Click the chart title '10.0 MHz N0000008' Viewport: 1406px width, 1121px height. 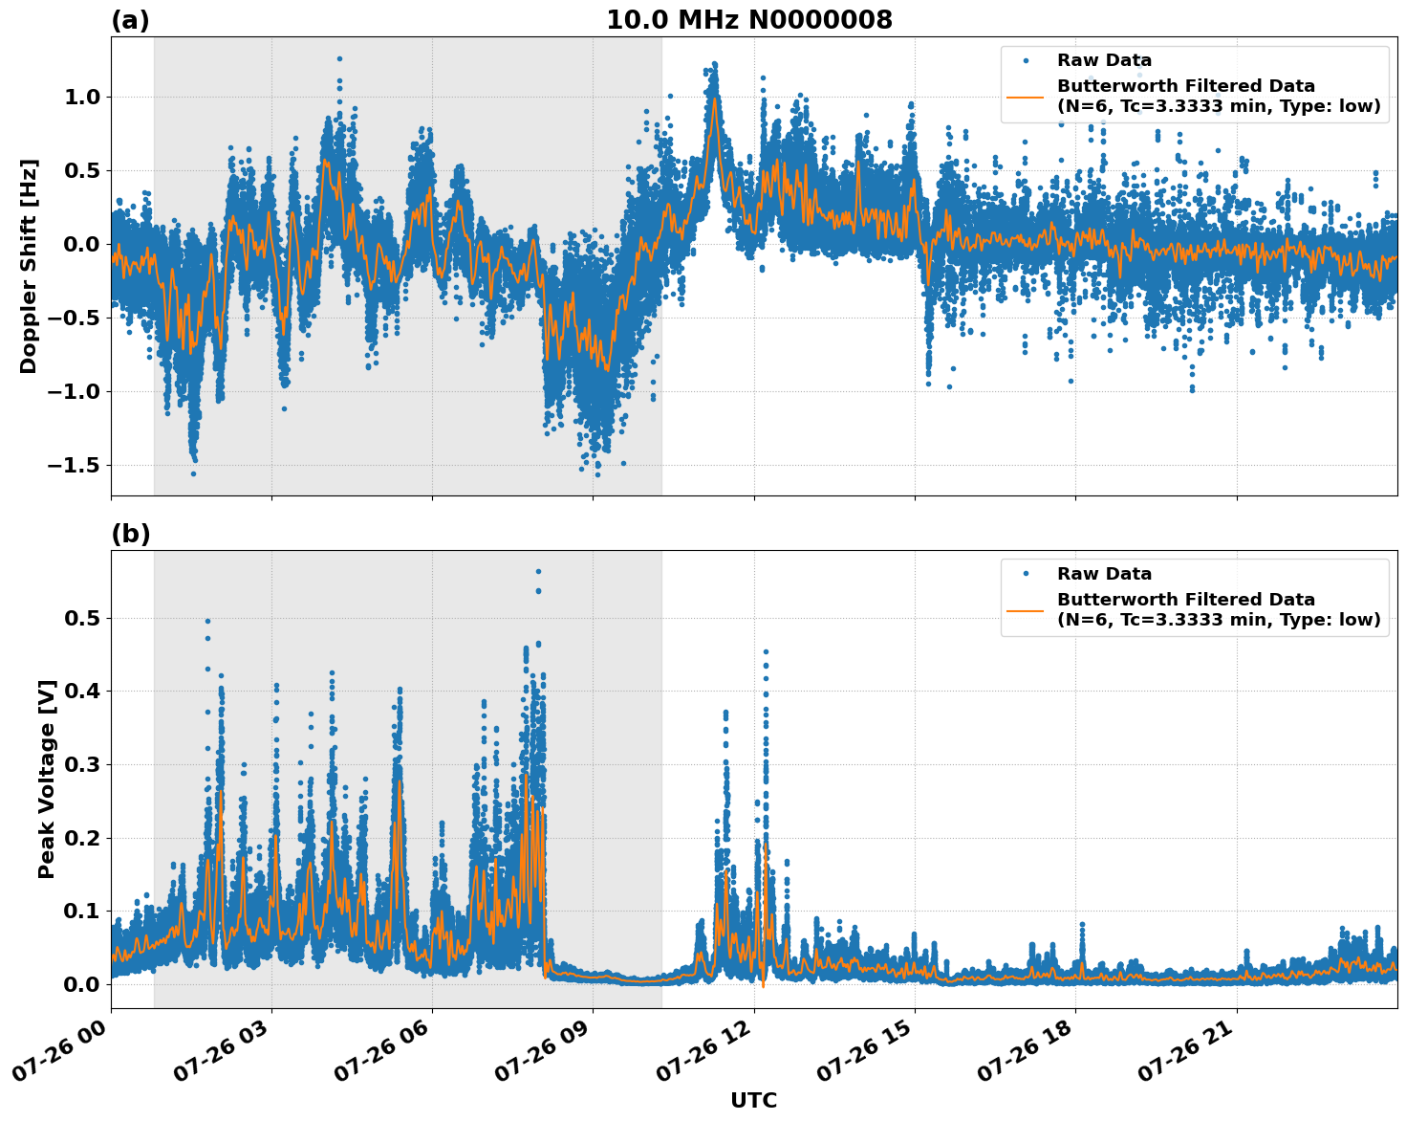748,20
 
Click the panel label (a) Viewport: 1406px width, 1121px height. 130,20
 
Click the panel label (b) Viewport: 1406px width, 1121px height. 130,534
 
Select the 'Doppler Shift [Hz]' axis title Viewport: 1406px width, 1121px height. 29,266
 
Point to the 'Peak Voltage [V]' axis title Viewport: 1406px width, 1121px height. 47,779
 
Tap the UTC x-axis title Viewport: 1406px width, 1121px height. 753,1100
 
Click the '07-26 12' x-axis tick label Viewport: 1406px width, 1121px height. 703,1057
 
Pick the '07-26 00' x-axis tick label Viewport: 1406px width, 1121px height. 60,1057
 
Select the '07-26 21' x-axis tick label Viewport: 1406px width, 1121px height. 1186,1057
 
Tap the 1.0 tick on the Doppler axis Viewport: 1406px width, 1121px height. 82,97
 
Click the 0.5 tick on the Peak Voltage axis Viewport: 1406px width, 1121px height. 82,618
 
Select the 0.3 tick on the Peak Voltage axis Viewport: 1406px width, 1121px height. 82,764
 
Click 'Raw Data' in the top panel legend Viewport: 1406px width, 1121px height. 1104,60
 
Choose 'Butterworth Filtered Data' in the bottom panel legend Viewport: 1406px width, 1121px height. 1185,600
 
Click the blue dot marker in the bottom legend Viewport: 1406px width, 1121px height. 1026,574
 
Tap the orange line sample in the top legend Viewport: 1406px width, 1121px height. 1026,96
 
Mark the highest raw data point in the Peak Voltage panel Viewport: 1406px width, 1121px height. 538,571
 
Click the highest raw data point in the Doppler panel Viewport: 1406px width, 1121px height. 339,58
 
